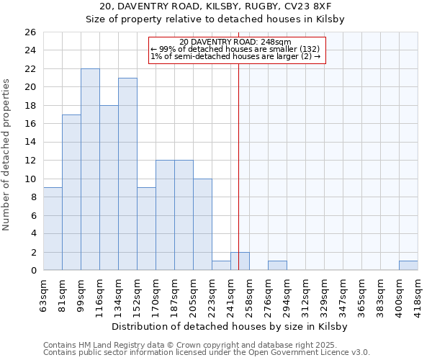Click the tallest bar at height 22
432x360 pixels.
pyautogui.click(x=90, y=169)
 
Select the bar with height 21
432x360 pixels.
pyautogui.click(x=127, y=174)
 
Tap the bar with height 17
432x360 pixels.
pyautogui.click(x=71, y=192)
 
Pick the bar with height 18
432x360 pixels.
pyautogui.click(x=109, y=188)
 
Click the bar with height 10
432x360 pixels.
pyautogui.click(x=202, y=224)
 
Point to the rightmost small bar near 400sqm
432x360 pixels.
pyautogui.click(x=408, y=266)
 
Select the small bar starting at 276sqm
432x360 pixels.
pyautogui.click(x=277, y=266)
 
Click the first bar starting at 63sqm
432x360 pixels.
pyautogui.click(x=53, y=229)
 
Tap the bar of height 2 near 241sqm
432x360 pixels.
pyautogui.click(x=240, y=261)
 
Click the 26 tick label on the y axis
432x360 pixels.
pyautogui.click(x=30, y=32)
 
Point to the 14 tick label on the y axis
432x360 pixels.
pyautogui.click(x=30, y=143)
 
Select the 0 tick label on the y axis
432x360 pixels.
pyautogui.click(x=32, y=271)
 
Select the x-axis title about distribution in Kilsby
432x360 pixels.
pyautogui.click(x=230, y=326)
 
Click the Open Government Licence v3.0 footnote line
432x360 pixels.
pyautogui.click(x=207, y=352)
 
